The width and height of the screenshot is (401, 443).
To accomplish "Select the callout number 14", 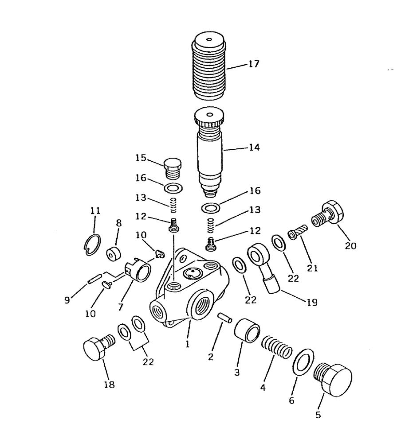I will point(254,148).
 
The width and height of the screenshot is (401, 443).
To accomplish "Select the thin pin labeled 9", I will point(94,280).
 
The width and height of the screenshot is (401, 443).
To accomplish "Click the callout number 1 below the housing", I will point(188,343).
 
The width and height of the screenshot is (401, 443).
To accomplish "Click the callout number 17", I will point(254,64).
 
